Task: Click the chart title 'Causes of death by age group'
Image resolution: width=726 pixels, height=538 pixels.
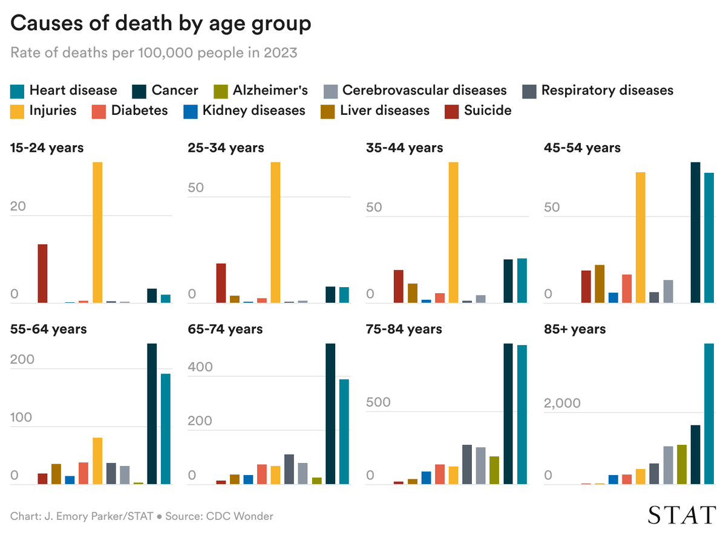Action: [161, 24]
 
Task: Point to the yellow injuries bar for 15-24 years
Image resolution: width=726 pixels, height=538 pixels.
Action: [97, 233]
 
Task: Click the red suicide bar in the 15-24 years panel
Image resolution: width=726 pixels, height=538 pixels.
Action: [43, 273]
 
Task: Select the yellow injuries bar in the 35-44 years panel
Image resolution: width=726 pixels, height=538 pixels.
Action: [453, 233]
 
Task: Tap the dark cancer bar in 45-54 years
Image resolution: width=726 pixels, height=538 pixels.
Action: [696, 233]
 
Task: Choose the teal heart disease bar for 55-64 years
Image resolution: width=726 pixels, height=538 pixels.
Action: [166, 429]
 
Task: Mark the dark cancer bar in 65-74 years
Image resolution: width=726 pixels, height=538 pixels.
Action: [330, 414]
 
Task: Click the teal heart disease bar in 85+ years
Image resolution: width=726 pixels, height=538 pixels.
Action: [709, 414]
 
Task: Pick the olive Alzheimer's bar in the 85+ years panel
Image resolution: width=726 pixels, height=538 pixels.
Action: [682, 464]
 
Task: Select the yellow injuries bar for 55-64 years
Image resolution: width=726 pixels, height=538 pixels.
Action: [97, 461]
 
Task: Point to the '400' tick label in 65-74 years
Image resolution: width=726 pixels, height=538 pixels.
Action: [200, 367]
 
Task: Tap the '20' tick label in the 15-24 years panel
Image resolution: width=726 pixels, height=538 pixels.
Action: [18, 206]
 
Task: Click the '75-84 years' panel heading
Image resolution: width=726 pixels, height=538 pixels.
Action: [404, 329]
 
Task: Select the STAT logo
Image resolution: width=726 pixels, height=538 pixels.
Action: [681, 515]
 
